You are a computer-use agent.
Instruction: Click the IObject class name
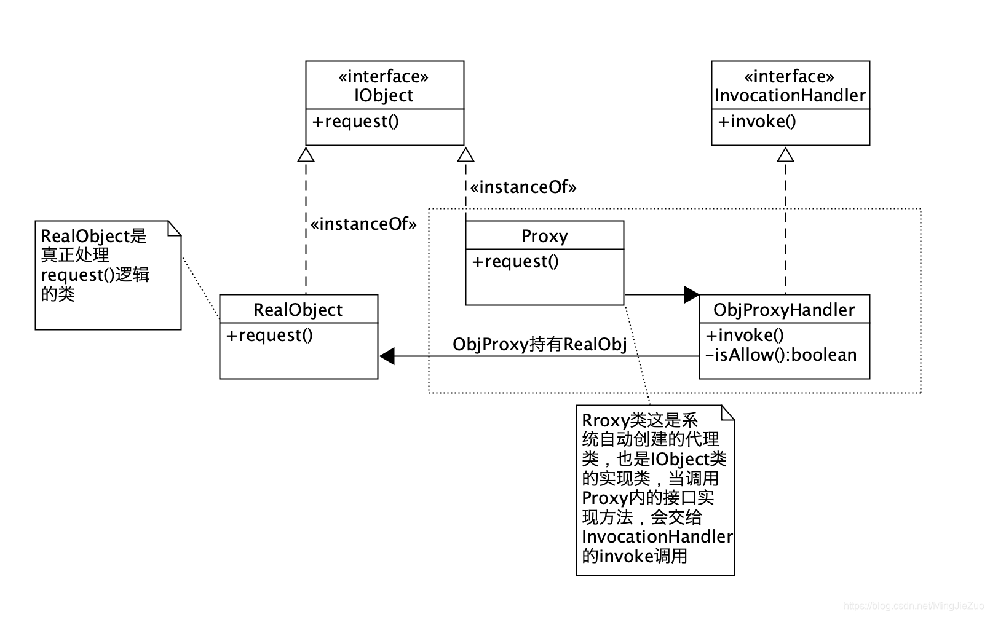pyautogui.click(x=384, y=95)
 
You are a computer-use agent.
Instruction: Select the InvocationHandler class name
pyautogui.click(x=790, y=95)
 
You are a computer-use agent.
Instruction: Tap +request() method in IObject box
pyautogui.click(x=355, y=121)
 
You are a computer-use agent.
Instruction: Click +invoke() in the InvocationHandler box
pyautogui.click(x=757, y=121)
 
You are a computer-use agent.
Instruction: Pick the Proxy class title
pyautogui.click(x=544, y=236)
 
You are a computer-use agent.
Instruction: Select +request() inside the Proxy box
pyautogui.click(x=515, y=262)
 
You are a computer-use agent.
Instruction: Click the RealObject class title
pyautogui.click(x=298, y=310)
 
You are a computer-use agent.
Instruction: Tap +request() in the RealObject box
pyautogui.click(x=269, y=336)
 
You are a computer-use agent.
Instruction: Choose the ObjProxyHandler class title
pyautogui.click(x=784, y=310)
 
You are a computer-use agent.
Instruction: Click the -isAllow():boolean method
pyautogui.click(x=781, y=355)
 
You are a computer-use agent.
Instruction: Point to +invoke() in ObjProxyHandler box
pyautogui.click(x=745, y=336)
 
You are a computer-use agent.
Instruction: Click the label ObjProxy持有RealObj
pyautogui.click(x=539, y=344)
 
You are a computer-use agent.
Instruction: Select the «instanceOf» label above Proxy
pyautogui.click(x=523, y=187)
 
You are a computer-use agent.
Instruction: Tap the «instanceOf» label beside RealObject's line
pyautogui.click(x=363, y=224)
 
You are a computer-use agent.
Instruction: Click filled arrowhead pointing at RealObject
pyautogui.click(x=387, y=356)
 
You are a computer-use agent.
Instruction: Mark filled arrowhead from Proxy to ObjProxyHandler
pyautogui.click(x=692, y=294)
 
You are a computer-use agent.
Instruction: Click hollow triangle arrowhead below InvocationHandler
pyautogui.click(x=785, y=154)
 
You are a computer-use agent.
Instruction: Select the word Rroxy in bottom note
pyautogui.click(x=606, y=421)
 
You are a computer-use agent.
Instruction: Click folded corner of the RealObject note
pyautogui.click(x=175, y=228)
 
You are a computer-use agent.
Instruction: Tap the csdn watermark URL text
pyautogui.click(x=914, y=606)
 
